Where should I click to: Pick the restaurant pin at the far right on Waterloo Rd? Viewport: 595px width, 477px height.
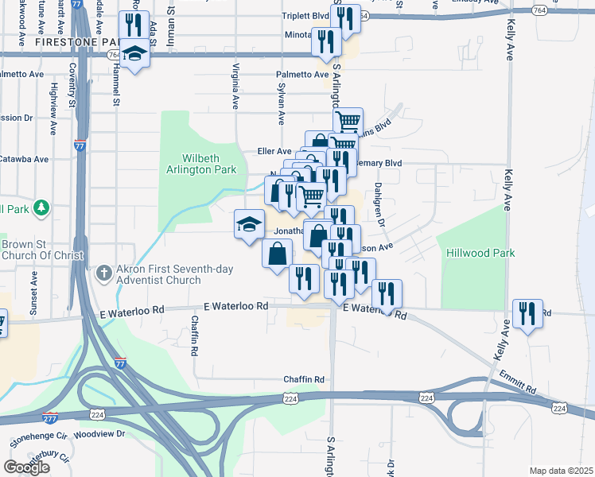(527, 314)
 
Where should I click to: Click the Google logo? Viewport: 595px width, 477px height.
(27, 467)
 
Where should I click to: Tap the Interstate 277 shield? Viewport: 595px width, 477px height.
(49, 416)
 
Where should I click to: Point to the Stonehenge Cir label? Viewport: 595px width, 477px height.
(37, 437)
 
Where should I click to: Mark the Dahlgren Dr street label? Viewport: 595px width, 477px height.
(379, 206)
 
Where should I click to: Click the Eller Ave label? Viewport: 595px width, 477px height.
(274, 151)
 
